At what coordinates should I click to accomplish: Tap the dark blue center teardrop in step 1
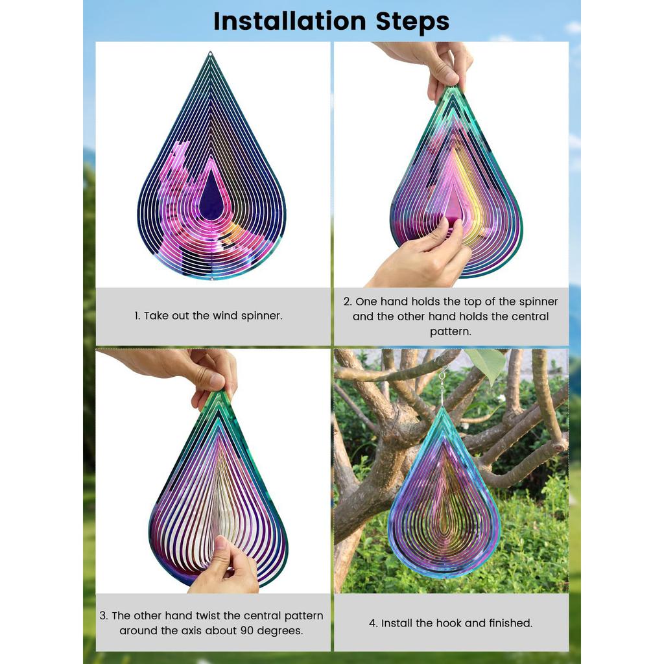[x=211, y=198]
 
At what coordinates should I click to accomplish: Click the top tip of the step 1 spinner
[x=210, y=54]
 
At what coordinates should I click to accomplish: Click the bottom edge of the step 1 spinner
[x=211, y=279]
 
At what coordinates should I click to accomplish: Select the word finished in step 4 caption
[x=510, y=622]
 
